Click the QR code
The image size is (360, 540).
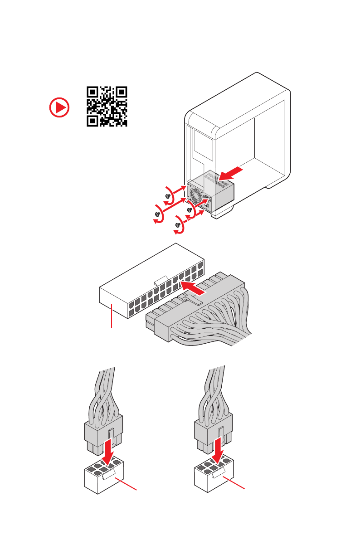[x=107, y=106]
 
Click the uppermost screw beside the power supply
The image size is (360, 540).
[x=169, y=195]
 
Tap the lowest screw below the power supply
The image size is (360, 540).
[x=178, y=224]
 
